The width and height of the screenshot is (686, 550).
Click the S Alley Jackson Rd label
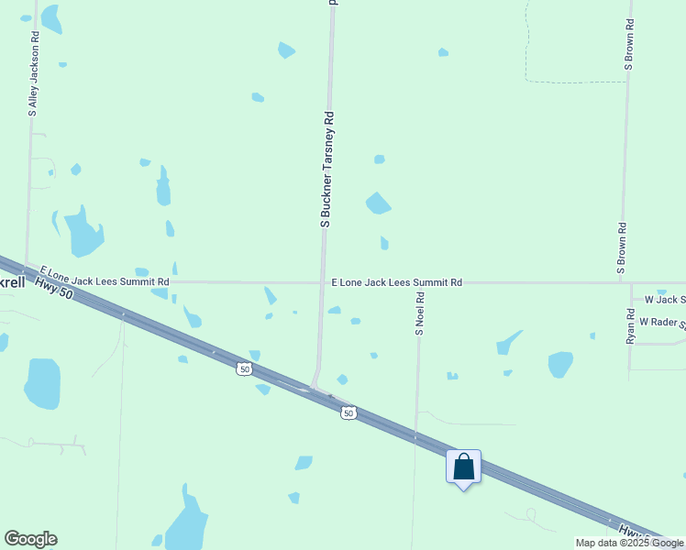[x=34, y=73]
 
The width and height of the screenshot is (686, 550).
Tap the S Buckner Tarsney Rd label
[x=326, y=170]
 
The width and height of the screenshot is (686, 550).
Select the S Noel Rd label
[x=419, y=313]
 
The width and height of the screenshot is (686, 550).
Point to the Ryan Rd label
[x=631, y=325]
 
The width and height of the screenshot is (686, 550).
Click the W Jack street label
[x=665, y=300]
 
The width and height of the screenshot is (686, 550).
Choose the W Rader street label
[x=662, y=322]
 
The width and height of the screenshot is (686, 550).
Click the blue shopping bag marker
[x=463, y=467]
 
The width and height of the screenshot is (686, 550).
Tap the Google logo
[x=30, y=539]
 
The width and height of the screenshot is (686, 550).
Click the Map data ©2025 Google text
[x=630, y=543]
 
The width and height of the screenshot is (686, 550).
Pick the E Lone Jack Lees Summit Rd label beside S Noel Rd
[x=396, y=283]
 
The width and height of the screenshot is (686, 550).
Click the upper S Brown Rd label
[x=629, y=44]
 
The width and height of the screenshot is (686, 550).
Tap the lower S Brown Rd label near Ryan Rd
[x=621, y=248]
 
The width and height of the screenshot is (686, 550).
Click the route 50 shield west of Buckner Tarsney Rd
[x=243, y=368]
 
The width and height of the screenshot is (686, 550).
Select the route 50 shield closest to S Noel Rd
[x=349, y=413]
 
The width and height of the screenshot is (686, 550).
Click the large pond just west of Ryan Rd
[x=560, y=364]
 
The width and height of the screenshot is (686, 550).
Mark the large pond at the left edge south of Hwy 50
[x=42, y=383]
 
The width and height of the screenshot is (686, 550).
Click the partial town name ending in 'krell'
[x=13, y=282]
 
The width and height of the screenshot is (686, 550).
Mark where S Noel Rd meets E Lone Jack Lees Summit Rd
[x=419, y=283]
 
